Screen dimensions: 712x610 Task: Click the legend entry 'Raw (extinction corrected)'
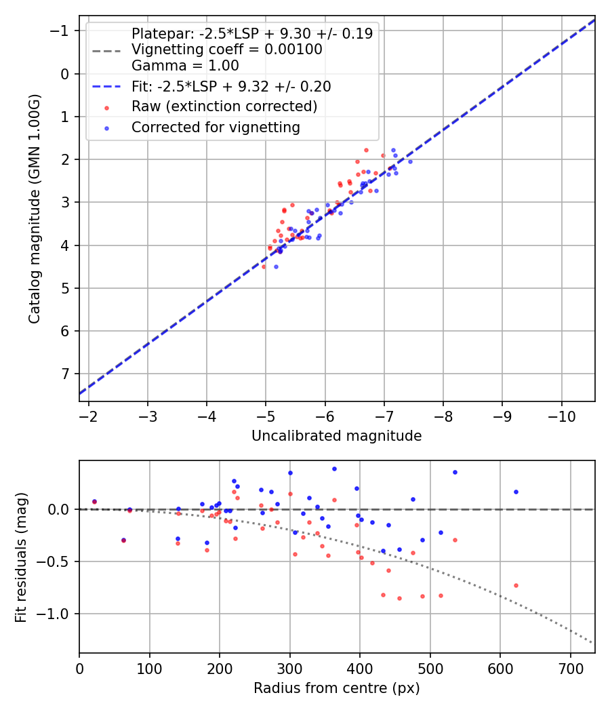(224, 106)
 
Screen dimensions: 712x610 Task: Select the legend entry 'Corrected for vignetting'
(216, 127)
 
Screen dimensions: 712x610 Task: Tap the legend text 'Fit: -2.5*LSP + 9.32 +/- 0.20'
(231, 86)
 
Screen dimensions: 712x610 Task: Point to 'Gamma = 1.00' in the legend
(185, 66)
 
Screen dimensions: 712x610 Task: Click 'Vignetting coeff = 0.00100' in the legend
(226, 50)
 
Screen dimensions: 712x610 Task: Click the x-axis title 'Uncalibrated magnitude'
(336, 436)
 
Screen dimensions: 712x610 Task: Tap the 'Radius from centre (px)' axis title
(336, 688)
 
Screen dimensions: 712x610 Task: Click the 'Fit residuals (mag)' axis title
(21, 557)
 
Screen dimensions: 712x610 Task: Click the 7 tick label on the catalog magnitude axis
(66, 374)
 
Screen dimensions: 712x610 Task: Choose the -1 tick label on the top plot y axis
(62, 31)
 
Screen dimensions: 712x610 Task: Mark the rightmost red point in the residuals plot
(516, 585)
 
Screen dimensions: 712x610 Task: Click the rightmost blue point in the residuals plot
(516, 492)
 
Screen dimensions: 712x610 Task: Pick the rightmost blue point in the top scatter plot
(410, 161)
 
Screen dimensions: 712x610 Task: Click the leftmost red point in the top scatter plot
(264, 266)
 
